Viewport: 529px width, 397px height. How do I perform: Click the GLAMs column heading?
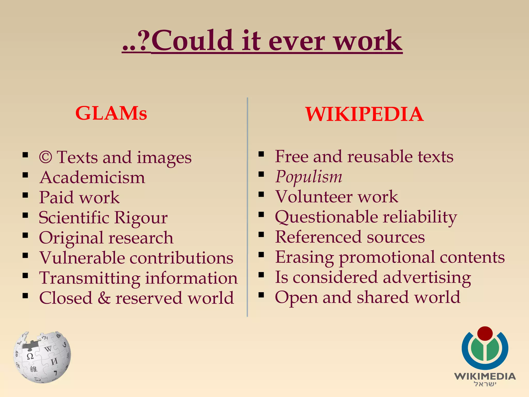coord(111,113)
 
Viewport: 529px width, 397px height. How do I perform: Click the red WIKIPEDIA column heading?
coord(364,114)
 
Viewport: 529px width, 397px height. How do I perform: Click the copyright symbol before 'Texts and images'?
coord(46,157)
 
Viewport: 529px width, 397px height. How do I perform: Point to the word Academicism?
coord(92,178)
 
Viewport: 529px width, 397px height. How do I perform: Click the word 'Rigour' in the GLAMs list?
coord(141,218)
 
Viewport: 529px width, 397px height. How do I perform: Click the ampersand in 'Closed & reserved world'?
coord(104,298)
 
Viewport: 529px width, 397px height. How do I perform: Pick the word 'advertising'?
coord(427,278)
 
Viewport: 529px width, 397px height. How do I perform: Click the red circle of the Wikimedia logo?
coord(485,333)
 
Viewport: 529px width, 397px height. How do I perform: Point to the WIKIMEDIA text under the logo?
coord(485,376)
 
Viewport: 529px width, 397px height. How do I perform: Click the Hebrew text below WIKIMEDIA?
coord(485,384)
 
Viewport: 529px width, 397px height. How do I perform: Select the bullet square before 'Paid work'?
coord(25,195)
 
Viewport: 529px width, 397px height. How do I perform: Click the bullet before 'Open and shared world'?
coord(261,295)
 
